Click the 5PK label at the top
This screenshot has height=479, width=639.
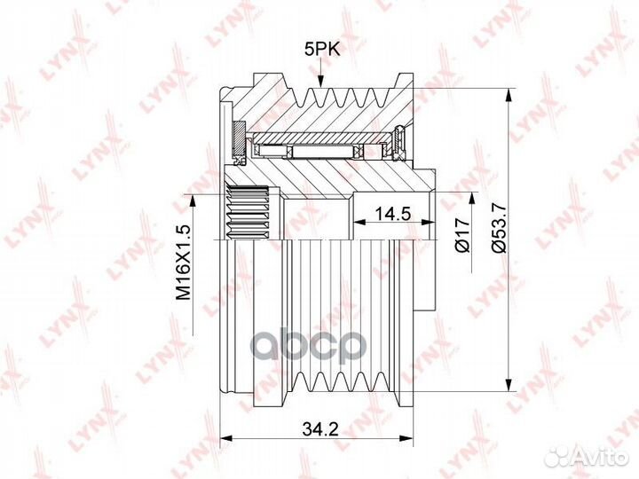click(322, 50)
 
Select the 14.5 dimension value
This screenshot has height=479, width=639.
click(392, 213)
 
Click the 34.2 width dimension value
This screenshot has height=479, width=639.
click(320, 428)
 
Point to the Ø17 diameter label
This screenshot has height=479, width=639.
click(463, 235)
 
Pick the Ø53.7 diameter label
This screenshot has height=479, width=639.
click(499, 227)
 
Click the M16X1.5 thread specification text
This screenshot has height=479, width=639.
click(184, 262)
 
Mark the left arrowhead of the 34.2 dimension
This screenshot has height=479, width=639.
click(225, 439)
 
